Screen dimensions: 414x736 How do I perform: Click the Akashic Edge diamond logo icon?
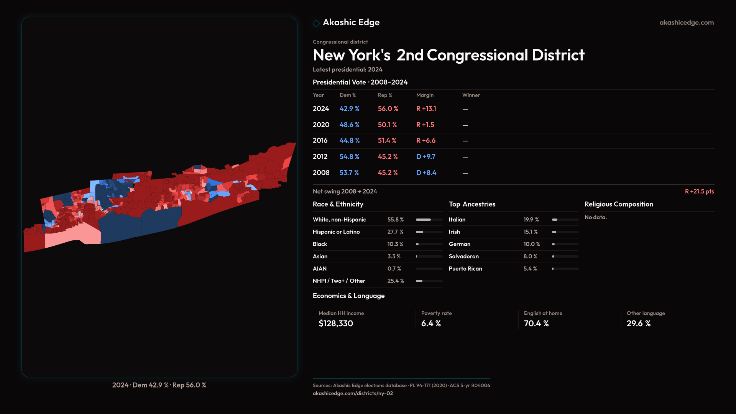click(x=316, y=23)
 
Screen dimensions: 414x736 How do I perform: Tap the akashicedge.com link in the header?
click(x=687, y=23)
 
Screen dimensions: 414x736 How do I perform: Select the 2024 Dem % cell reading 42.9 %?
click(x=349, y=109)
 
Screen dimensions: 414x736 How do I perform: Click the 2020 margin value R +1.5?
click(x=425, y=125)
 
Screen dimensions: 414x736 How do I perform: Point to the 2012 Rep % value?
click(x=388, y=157)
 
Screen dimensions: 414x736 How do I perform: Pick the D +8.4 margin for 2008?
click(x=426, y=173)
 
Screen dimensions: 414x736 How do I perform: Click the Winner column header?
click(x=471, y=95)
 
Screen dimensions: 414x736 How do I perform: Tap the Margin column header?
click(x=425, y=95)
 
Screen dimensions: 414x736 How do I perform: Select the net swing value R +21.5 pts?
click(x=699, y=191)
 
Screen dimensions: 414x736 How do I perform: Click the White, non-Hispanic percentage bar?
click(x=429, y=220)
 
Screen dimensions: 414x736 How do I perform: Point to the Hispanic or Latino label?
click(x=336, y=232)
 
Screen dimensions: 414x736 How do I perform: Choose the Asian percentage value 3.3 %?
click(x=394, y=256)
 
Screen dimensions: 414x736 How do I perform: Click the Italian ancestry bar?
click(x=565, y=220)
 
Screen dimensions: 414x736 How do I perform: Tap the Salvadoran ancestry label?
click(x=463, y=256)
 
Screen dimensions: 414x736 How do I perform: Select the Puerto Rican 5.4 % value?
click(x=530, y=269)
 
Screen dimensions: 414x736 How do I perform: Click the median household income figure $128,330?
click(x=336, y=324)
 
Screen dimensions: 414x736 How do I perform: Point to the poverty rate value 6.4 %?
click(x=431, y=324)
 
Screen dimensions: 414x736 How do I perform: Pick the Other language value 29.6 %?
click(x=639, y=324)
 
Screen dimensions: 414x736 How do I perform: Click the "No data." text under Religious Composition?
click(x=595, y=217)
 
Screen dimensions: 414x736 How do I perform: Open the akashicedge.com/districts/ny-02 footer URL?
click(x=353, y=393)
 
